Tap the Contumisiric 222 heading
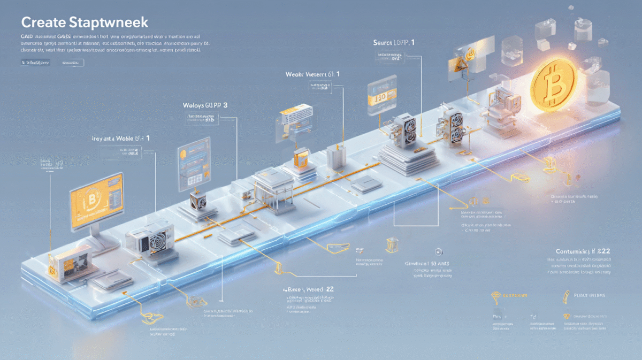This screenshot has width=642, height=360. tap(583, 250)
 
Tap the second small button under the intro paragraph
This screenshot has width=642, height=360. tap(72, 63)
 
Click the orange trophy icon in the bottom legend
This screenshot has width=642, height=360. tap(495, 295)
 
